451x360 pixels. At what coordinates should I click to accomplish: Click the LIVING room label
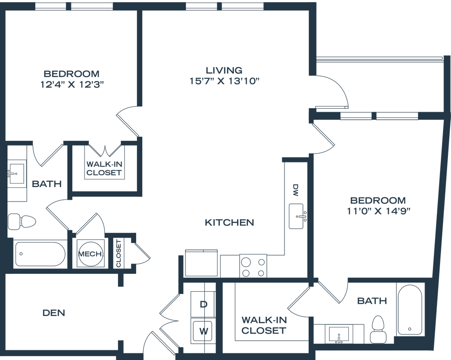224,70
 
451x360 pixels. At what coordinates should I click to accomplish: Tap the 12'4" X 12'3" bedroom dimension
72,85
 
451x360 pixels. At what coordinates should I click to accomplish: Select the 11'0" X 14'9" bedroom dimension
378,211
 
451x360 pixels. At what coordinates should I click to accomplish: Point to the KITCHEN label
229,222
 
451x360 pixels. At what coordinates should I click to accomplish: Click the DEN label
54,312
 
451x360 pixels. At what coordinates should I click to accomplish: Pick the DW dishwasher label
295,190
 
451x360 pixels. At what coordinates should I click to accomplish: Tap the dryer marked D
203,304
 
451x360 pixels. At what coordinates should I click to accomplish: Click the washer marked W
203,331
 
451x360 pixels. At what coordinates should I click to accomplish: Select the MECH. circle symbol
90,254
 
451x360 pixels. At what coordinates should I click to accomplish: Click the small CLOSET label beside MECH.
118,253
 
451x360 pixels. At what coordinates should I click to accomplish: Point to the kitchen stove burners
253,266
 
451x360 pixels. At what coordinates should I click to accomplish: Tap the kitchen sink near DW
296,217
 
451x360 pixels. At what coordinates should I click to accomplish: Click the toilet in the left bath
22,221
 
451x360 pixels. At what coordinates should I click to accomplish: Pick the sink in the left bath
17,174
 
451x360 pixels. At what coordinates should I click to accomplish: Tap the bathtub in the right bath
410,310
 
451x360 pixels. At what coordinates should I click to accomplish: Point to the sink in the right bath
339,334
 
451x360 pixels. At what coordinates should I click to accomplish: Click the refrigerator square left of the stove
201,263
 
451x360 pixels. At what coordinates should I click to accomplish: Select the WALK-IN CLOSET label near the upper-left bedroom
104,169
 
